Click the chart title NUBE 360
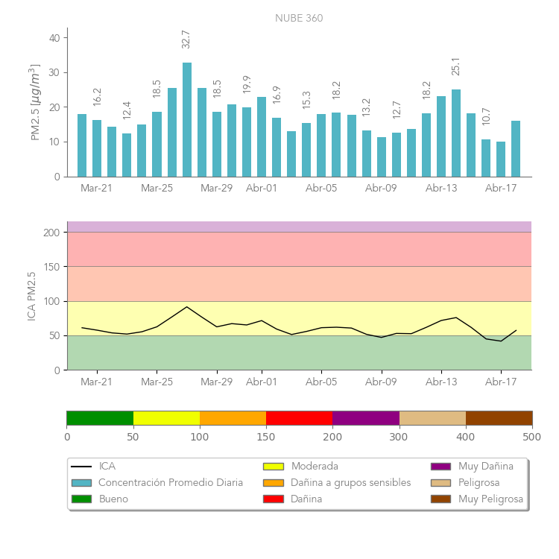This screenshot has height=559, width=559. (299, 19)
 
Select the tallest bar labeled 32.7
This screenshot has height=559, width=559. (187, 119)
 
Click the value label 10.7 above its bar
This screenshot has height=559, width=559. (486, 116)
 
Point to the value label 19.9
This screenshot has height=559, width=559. (247, 84)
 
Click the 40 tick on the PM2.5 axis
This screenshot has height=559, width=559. (54, 37)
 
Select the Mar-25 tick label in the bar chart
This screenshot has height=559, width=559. (157, 189)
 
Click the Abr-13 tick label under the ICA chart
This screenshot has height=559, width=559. (441, 382)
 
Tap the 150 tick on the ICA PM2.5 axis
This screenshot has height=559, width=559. (51, 267)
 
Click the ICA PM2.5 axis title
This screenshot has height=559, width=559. (32, 296)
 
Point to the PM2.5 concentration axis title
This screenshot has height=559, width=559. (34, 102)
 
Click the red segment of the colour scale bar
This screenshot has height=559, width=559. (299, 418)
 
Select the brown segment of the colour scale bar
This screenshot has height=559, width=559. (499, 418)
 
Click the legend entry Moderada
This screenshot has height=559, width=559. (315, 467)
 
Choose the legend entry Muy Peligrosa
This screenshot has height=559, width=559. (490, 499)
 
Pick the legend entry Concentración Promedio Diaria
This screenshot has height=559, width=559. (171, 483)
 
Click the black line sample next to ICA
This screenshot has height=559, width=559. (81, 467)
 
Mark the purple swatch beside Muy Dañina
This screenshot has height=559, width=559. (440, 467)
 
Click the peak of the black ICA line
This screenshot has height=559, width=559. (187, 307)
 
